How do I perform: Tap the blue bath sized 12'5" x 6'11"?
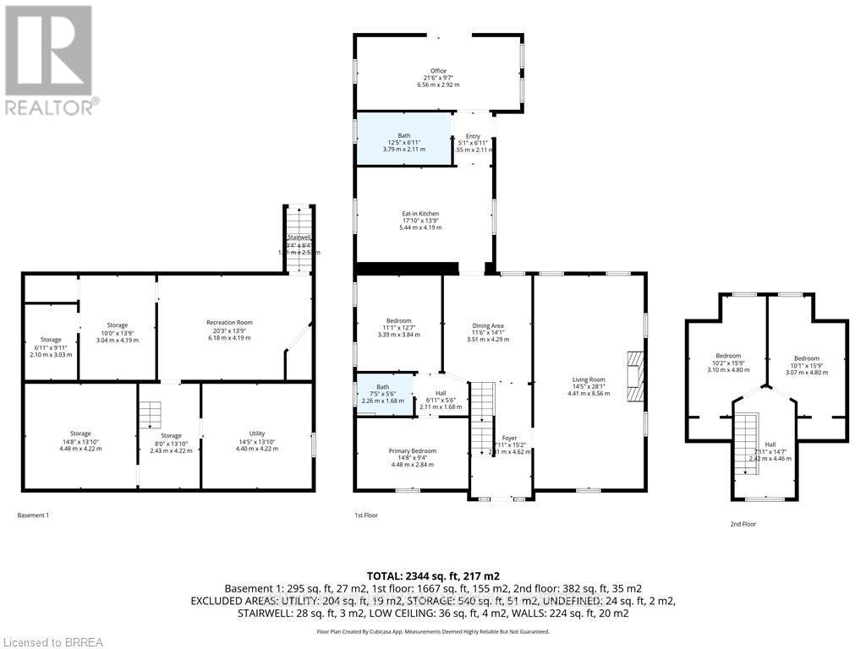point(403,139)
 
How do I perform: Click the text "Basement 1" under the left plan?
point(33,515)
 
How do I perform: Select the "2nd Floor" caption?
point(743,524)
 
